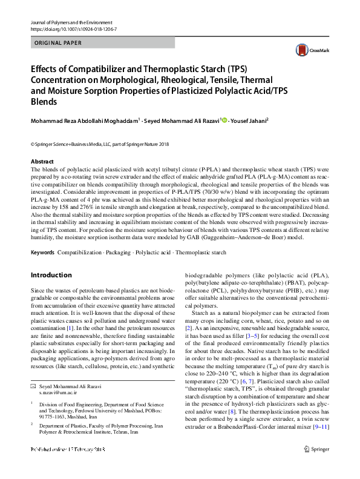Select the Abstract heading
coord(42,162)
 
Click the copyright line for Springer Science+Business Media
coord(101,144)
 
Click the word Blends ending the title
coord(44,102)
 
